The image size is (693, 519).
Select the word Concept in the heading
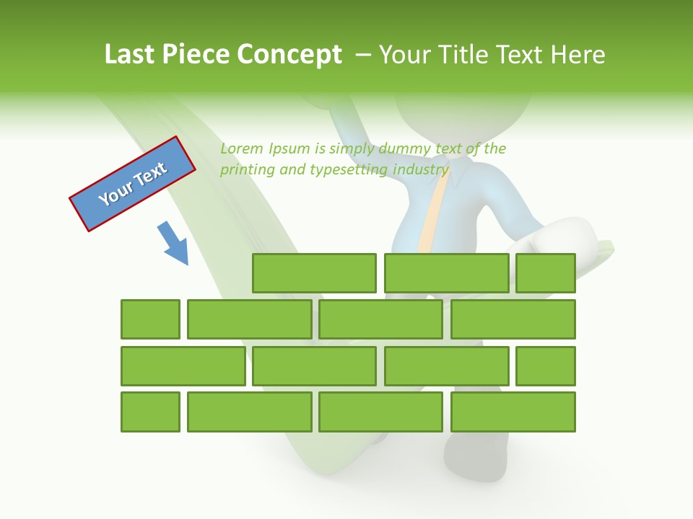[x=290, y=55]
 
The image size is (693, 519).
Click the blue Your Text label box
[x=132, y=184]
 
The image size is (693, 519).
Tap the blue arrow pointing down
[x=173, y=243]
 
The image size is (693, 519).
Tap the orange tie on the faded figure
[x=431, y=216]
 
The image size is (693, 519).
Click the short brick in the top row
[x=545, y=273]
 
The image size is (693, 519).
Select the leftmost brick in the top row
[x=314, y=273]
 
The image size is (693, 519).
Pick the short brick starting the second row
[x=150, y=319]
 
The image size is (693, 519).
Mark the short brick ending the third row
[x=545, y=366]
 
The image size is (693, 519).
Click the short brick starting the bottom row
[x=150, y=412]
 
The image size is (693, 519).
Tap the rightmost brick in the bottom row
[x=513, y=412]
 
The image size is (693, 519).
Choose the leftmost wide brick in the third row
[x=183, y=366]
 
